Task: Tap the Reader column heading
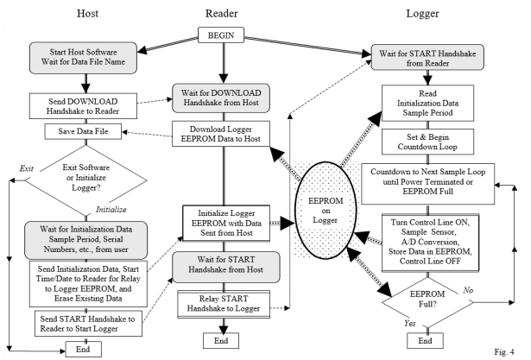[222, 13]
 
